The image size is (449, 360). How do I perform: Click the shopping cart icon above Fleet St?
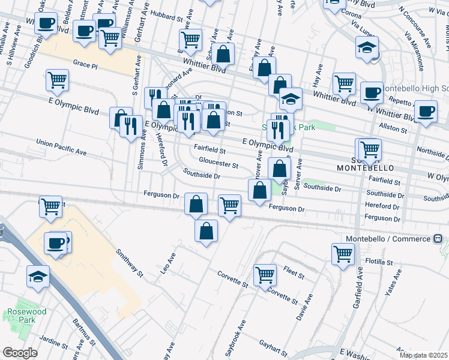(x=265, y=275)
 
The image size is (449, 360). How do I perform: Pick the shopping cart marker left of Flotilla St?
(x=343, y=253)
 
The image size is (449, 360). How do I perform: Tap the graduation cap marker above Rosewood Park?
(x=38, y=277)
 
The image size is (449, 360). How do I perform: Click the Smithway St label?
(x=130, y=263)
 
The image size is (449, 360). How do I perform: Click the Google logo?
(x=20, y=353)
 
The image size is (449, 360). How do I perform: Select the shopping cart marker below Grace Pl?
(x=57, y=80)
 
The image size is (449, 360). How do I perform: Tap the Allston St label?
(x=393, y=128)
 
